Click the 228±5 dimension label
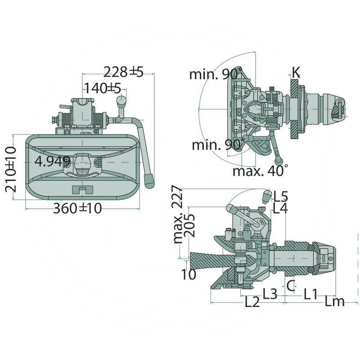pyautogui.click(x=123, y=72)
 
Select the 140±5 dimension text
pyautogui.click(x=103, y=88)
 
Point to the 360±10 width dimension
pyautogui.click(x=78, y=208)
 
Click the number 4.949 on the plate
pyautogui.click(x=53, y=162)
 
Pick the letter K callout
pyautogui.click(x=296, y=72)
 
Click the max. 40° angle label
pyautogui.click(x=261, y=171)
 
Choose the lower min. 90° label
pyautogui.click(x=218, y=145)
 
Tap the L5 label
pyautogui.click(x=280, y=196)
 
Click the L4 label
pyautogui.click(x=280, y=208)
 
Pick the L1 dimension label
pyautogui.click(x=310, y=295)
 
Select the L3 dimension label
pyautogui.click(x=270, y=294)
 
